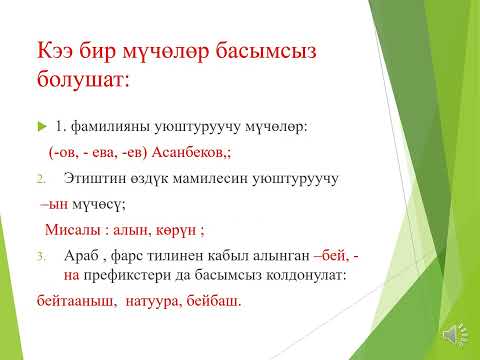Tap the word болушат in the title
(x=83, y=79)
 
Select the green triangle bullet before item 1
(x=40, y=128)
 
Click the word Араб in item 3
(x=77, y=256)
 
